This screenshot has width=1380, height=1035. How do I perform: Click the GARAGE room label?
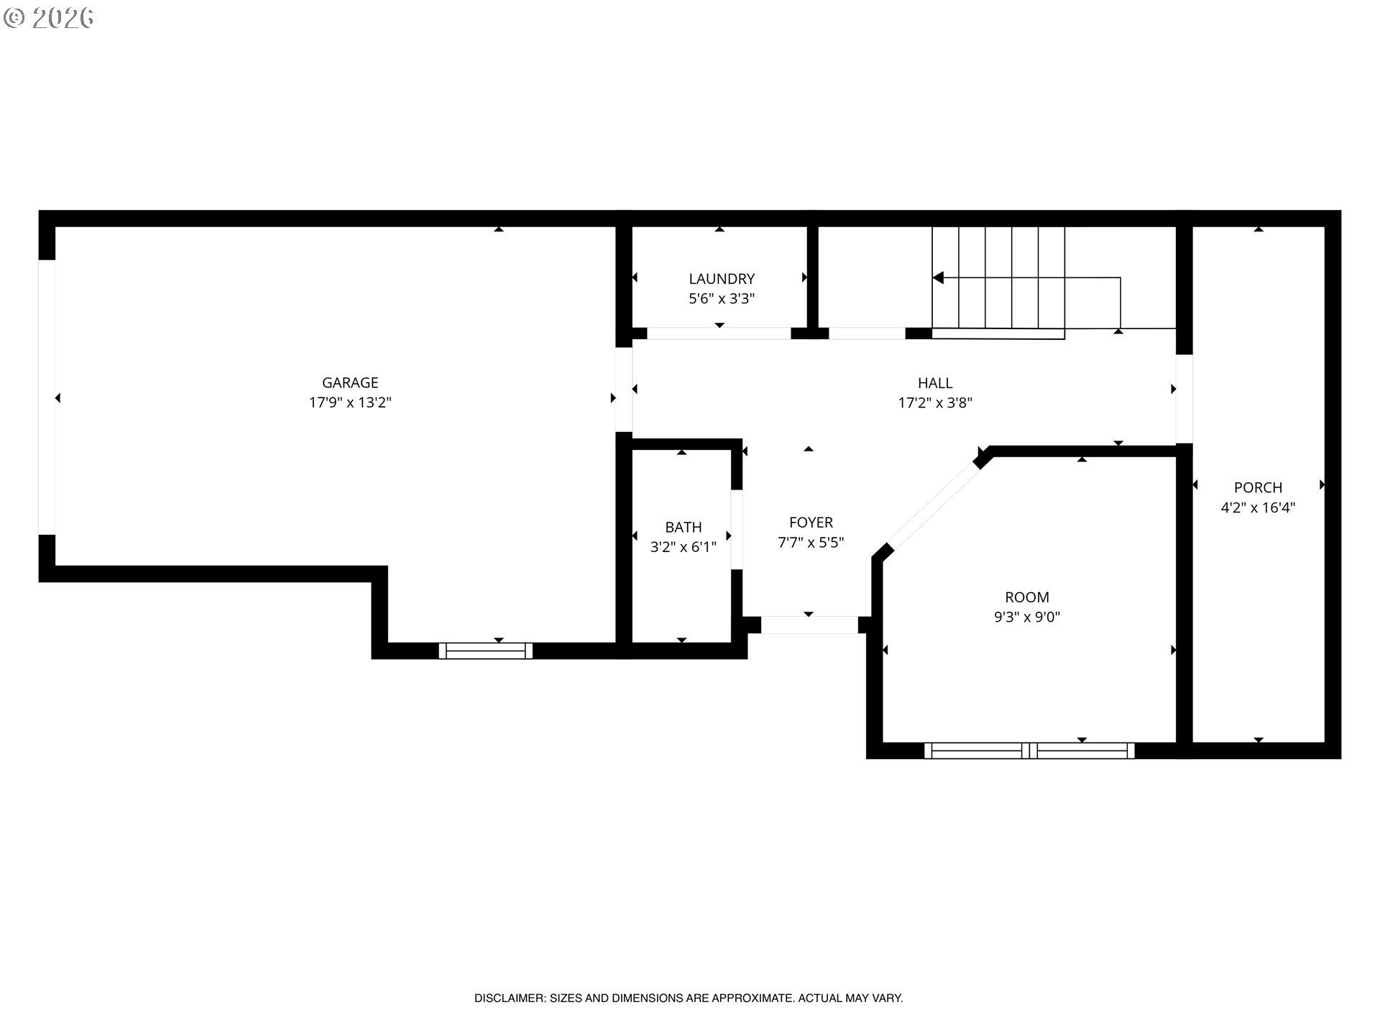pyautogui.click(x=350, y=383)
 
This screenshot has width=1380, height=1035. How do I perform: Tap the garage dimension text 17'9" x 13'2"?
pyautogui.click(x=350, y=402)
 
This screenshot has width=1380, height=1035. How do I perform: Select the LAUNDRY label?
pyautogui.click(x=722, y=279)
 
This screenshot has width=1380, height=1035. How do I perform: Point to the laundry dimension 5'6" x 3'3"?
pyautogui.click(x=722, y=299)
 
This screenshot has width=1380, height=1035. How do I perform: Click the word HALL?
pyautogui.click(x=935, y=383)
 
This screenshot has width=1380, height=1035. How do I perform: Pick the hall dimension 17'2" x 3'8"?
pyautogui.click(x=935, y=402)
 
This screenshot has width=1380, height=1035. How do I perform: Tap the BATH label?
pyautogui.click(x=684, y=527)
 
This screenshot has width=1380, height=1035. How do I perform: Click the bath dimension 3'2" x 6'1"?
pyautogui.click(x=684, y=547)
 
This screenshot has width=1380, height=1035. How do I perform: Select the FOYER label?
pyautogui.click(x=811, y=523)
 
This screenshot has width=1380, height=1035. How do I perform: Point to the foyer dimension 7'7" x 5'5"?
pyautogui.click(x=811, y=543)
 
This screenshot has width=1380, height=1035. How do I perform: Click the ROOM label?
pyautogui.click(x=1027, y=597)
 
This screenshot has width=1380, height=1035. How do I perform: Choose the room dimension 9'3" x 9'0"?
pyautogui.click(x=1027, y=617)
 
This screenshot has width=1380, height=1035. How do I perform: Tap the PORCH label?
pyautogui.click(x=1258, y=487)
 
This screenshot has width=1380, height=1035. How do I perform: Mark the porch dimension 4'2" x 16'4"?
pyautogui.click(x=1258, y=507)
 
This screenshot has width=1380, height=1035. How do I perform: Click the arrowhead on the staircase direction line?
pyautogui.click(x=938, y=277)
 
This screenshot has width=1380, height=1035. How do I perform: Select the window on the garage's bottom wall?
pyautogui.click(x=486, y=651)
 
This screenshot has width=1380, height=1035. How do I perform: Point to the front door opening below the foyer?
pyautogui.click(x=809, y=625)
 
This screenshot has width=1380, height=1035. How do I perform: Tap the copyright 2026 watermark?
pyautogui.click(x=48, y=18)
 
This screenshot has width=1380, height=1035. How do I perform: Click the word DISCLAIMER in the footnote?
pyautogui.click(x=510, y=998)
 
